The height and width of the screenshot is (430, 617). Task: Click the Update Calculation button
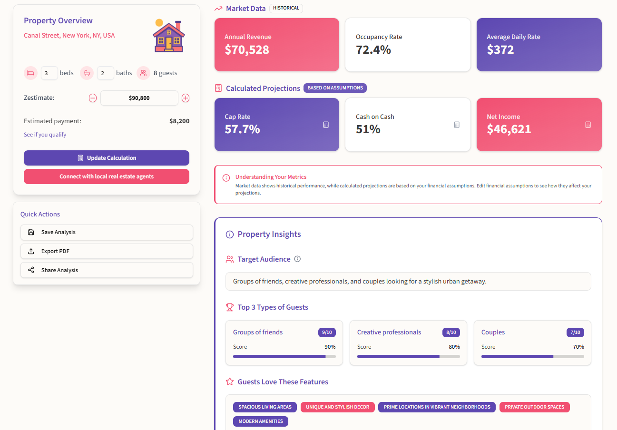107,158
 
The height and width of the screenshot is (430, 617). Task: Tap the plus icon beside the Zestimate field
186,98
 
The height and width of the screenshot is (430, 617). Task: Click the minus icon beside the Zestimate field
93,98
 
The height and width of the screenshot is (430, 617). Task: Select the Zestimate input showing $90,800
139,98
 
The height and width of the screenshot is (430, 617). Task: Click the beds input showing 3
49,73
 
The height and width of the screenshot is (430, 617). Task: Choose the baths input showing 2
105,73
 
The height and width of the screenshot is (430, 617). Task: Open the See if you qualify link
45,135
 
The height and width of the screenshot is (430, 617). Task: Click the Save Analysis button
107,232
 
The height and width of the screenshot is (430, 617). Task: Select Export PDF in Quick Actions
107,251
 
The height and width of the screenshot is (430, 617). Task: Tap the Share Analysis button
107,270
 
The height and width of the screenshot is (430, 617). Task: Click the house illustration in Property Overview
168,36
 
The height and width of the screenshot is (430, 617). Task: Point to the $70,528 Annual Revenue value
247,49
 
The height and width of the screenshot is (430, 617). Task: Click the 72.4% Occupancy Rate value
373,49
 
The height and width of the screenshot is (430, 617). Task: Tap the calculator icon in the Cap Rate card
326,125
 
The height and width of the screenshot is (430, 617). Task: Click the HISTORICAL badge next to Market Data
286,8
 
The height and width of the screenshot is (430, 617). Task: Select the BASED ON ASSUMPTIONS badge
335,88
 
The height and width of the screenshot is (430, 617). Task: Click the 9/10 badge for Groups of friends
327,332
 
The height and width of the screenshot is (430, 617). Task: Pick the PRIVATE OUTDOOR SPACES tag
534,407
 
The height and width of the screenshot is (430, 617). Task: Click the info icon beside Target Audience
297,259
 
